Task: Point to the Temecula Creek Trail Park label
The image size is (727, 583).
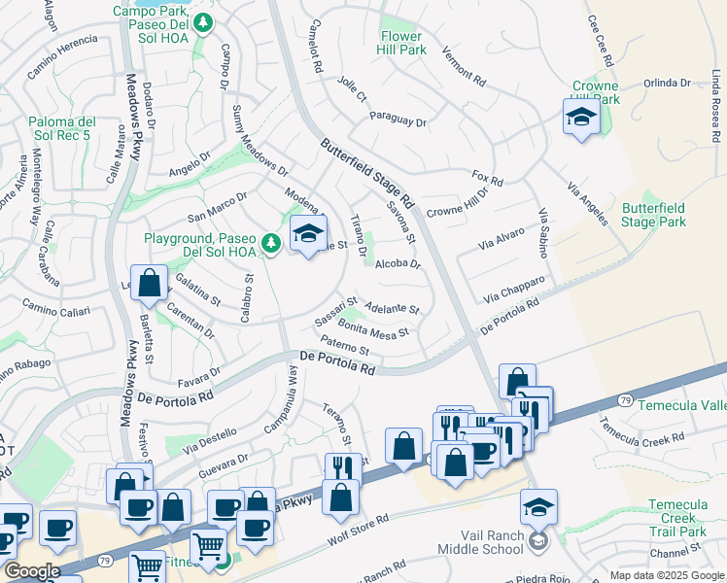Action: (677, 518)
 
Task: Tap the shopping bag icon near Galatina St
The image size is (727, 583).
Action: (149, 284)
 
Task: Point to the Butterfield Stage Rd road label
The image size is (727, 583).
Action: (367, 175)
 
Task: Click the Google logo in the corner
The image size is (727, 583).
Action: (31, 571)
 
